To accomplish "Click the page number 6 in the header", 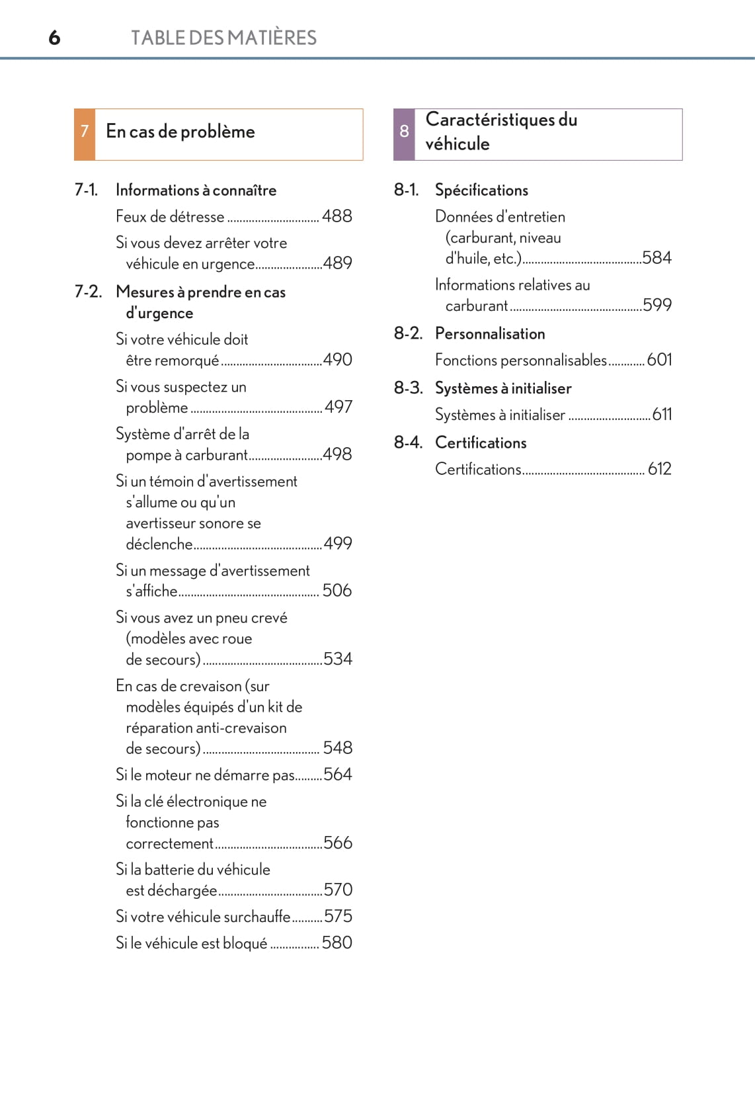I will [54, 38].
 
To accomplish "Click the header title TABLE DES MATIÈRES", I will [223, 38].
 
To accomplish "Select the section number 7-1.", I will [86, 190].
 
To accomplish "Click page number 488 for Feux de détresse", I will [337, 216].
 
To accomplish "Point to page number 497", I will [338, 407].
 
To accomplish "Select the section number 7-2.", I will [88, 292].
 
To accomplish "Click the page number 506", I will [337, 590].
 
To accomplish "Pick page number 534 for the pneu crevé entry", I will [338, 659].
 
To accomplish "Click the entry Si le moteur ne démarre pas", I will [205, 775].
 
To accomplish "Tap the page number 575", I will [338, 916].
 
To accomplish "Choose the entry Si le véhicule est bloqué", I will [192, 943].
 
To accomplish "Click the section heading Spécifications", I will [481, 190].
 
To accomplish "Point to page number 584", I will [656, 258].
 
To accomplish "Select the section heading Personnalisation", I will [490, 334].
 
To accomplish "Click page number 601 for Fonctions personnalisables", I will [659, 360].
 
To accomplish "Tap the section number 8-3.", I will [408, 388].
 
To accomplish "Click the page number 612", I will [659, 469].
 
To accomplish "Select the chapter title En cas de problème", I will [180, 132].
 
